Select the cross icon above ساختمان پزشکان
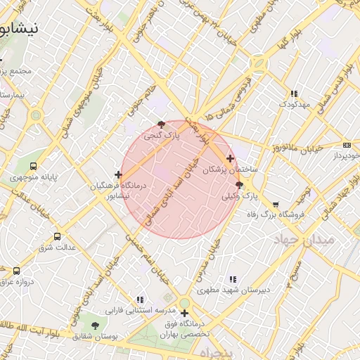click(231, 158)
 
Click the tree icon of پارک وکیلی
click(239, 185)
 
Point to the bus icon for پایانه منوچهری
click(34, 167)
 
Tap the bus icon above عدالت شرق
click(57, 236)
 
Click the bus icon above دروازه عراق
click(16, 271)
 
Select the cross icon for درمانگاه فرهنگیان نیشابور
click(117, 174)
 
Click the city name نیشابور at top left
click(20, 29)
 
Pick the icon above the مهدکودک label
click(294, 93)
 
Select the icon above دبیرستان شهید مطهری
click(233, 279)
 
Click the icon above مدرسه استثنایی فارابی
click(139, 300)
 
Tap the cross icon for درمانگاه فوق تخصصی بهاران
click(184, 314)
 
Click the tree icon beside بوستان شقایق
click(95, 325)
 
